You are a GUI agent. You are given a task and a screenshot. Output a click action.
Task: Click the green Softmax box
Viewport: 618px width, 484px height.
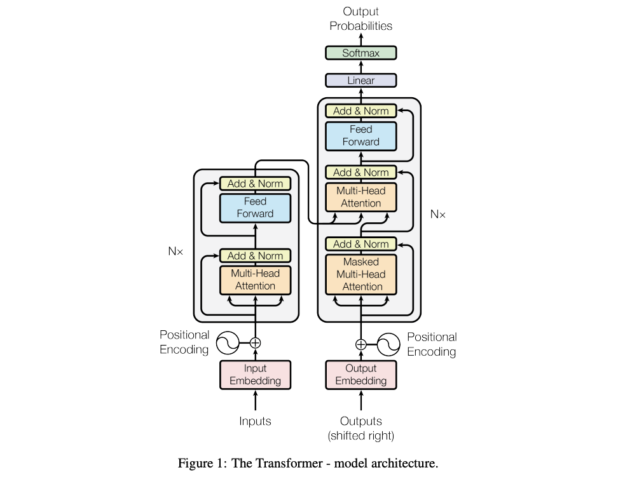coord(360,53)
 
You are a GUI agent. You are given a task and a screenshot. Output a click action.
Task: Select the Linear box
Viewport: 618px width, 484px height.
coord(360,81)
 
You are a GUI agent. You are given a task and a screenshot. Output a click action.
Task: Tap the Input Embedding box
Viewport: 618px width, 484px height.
coord(255,375)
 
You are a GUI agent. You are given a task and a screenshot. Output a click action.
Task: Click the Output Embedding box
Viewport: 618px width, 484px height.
coord(360,375)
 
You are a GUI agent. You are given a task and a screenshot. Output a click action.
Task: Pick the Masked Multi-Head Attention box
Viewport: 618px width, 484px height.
coord(360,274)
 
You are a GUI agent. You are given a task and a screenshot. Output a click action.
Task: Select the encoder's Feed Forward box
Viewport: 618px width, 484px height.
coord(255,208)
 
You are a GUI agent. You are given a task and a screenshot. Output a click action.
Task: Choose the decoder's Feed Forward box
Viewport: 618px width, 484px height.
coord(360,136)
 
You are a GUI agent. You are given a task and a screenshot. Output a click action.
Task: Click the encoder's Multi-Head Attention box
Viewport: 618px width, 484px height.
coord(255,279)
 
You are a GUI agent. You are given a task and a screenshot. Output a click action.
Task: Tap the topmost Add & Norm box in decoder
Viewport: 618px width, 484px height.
coord(360,111)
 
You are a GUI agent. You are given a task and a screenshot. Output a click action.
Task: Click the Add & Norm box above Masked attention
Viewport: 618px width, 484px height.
coord(360,244)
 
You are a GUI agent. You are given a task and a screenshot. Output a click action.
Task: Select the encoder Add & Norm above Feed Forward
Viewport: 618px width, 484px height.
coord(255,184)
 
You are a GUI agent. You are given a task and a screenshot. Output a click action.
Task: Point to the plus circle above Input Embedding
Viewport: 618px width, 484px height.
coord(255,343)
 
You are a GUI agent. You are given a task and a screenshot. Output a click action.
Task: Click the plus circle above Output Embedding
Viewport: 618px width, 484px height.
coord(360,344)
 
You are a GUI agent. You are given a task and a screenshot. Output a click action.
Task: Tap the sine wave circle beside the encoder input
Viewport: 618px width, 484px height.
coord(227,343)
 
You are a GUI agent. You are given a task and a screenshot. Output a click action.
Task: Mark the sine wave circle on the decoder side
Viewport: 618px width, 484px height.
coord(388,344)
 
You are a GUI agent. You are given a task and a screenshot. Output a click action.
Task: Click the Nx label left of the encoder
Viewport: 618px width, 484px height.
coord(175,252)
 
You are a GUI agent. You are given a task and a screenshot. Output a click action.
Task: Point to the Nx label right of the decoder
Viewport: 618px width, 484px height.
coord(438,215)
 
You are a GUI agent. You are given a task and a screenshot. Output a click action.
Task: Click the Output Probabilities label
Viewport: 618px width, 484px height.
coord(360,19)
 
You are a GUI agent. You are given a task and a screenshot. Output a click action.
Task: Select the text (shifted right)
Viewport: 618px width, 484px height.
coord(360,436)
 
